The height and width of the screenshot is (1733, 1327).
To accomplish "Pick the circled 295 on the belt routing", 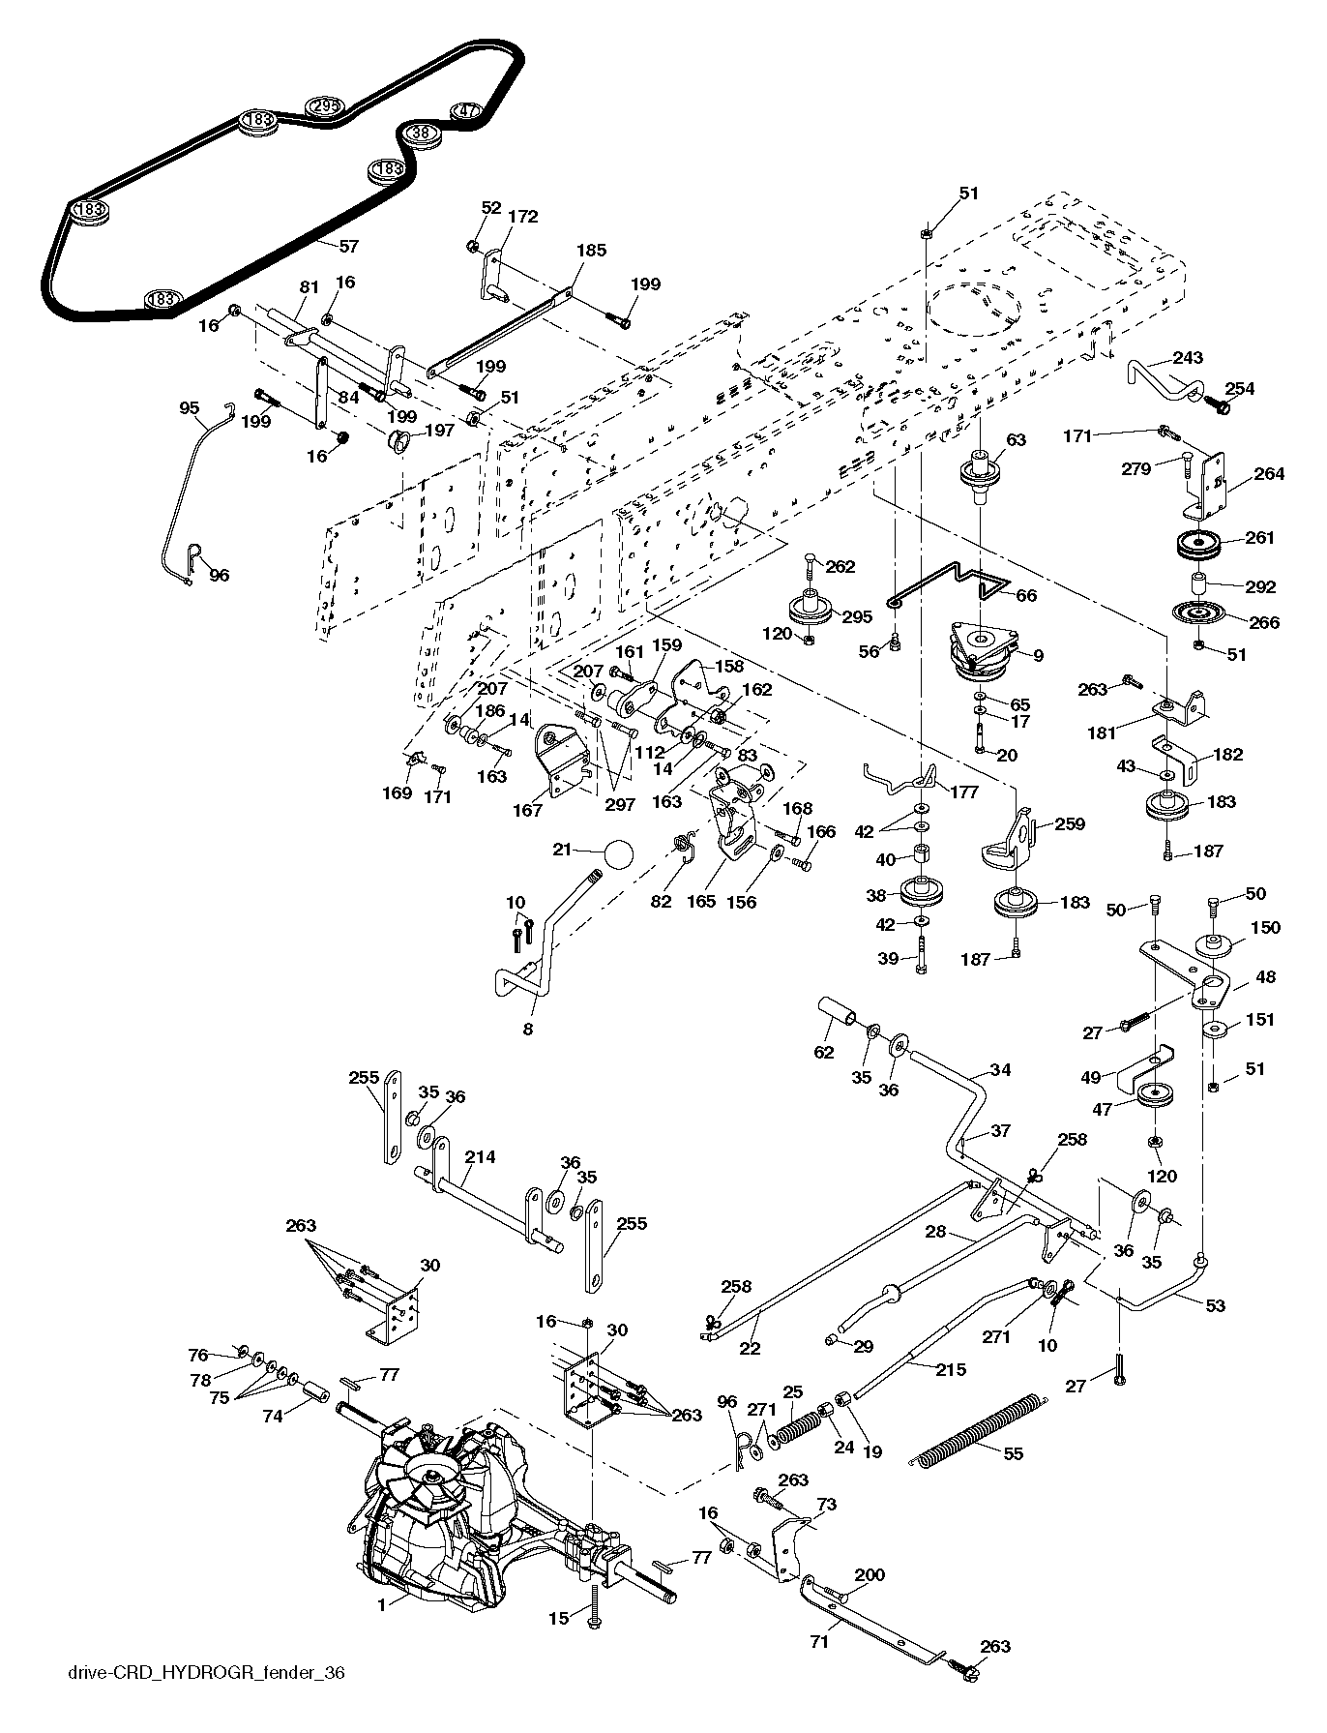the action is click(324, 107).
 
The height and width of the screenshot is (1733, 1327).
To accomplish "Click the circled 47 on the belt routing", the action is click(467, 110).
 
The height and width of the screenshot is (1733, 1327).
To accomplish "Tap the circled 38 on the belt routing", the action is click(421, 133).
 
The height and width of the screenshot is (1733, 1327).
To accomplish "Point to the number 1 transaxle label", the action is click(382, 1603).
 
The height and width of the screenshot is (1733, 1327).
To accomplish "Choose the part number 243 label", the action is click(1188, 357).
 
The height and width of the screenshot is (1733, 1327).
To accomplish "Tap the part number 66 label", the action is click(1026, 595).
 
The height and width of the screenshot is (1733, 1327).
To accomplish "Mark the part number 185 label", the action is click(591, 250).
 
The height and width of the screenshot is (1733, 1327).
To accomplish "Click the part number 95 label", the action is click(191, 407).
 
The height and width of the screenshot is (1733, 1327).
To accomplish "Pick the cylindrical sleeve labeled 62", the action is click(838, 1010).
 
